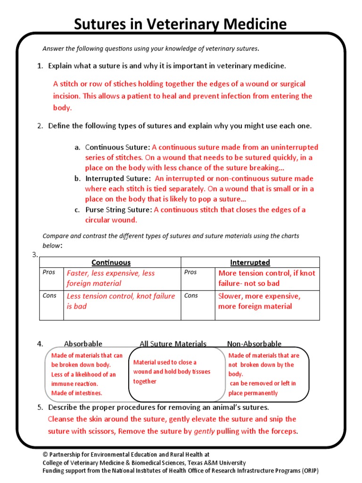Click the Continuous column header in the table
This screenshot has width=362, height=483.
tap(111, 263)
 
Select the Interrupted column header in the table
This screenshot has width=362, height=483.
tap(250, 263)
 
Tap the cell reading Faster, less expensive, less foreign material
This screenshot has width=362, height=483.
tap(111, 278)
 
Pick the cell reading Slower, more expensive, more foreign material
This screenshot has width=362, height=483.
tap(259, 301)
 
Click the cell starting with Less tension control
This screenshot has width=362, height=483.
tap(121, 301)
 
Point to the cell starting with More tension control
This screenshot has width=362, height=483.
tap(266, 278)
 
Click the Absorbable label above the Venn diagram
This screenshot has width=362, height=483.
tap(83, 344)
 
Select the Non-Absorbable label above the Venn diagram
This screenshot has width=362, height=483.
tap(254, 344)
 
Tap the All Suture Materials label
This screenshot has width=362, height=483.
tap(173, 344)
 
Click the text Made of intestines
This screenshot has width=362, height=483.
tap(76, 393)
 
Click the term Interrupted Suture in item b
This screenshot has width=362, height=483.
tap(117, 179)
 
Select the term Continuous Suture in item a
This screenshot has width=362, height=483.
tap(117, 148)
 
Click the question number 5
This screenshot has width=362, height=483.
tap(40, 408)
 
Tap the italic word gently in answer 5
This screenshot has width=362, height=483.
tap(204, 432)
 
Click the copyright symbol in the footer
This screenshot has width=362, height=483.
tap(45, 455)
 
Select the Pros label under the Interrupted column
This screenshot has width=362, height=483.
tap(190, 273)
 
